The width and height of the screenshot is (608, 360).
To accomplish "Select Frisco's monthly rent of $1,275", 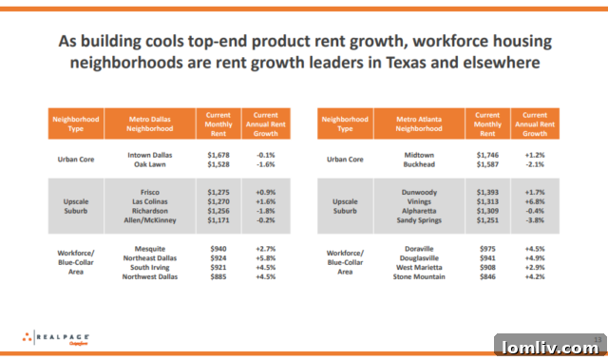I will tap(219, 192).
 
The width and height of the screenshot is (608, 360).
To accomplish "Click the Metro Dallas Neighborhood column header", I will tap(150, 123).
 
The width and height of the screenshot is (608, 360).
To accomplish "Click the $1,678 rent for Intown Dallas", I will tap(219, 153).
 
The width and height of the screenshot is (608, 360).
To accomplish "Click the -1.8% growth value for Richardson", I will tap(265, 211).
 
